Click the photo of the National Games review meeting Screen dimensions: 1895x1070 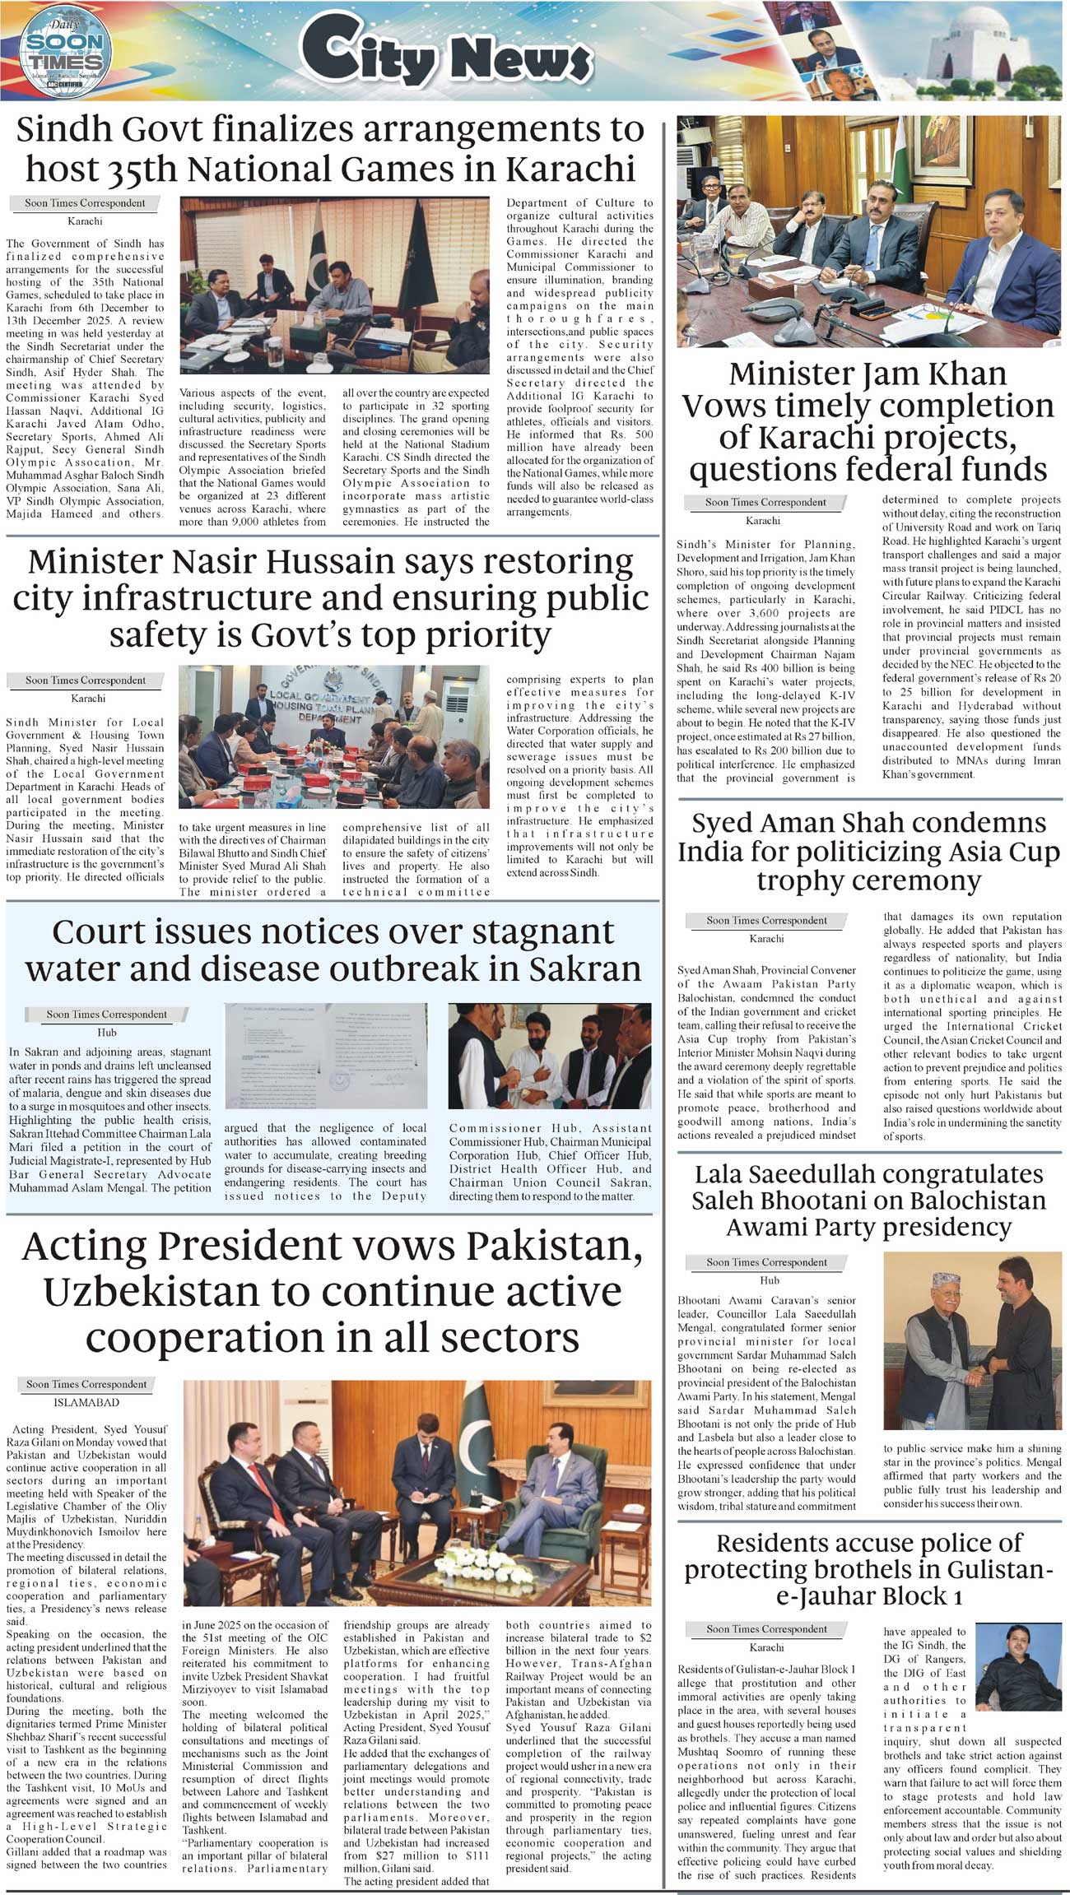335,286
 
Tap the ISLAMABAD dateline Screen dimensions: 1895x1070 86,1402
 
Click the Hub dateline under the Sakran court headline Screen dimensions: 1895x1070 107,1032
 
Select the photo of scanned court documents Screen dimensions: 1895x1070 331,1055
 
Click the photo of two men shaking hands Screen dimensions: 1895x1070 972,1340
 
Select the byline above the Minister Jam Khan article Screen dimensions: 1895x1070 765,502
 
